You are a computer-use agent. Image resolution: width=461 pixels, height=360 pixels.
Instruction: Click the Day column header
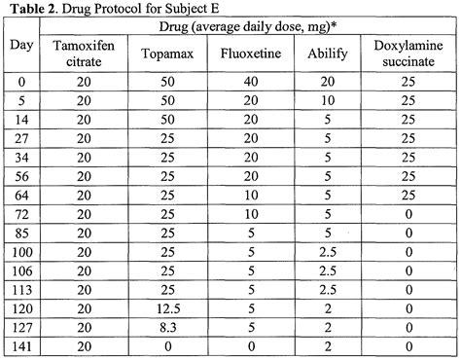19,47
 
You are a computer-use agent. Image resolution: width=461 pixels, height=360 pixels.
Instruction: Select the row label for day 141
19,347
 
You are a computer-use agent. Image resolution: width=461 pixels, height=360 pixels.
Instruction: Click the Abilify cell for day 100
331,273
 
